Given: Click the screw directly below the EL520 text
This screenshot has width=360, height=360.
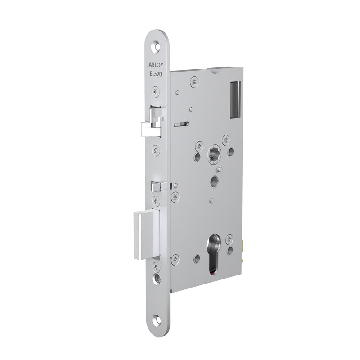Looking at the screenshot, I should tap(156, 91).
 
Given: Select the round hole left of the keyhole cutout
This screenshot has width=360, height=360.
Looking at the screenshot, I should tap(197, 258).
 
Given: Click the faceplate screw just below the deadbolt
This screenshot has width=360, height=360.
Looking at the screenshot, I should tap(156, 266).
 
